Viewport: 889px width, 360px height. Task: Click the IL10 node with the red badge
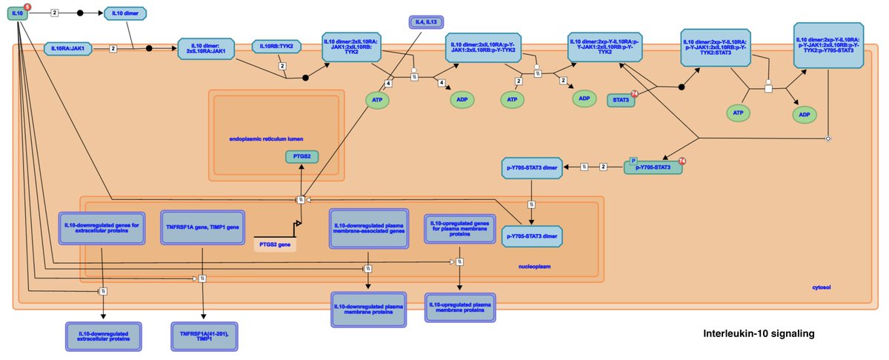18,13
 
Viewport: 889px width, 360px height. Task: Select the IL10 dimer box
124,13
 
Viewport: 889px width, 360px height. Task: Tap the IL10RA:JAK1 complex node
67,48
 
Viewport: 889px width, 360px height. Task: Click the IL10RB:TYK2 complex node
276,47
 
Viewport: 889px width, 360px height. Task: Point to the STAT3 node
620,99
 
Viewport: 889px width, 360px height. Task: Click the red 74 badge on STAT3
635,93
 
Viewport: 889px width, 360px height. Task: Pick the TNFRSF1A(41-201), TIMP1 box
204,335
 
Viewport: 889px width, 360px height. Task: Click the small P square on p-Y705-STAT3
633,160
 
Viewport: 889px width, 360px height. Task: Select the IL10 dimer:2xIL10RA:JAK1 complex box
210,48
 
